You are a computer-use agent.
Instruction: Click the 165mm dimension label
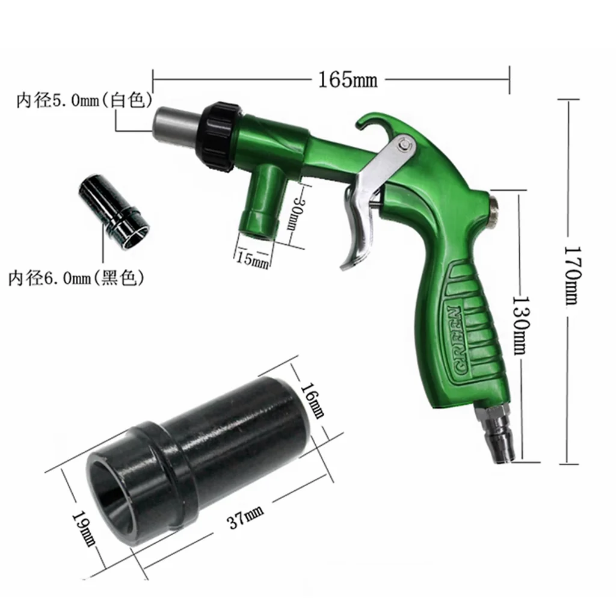347,80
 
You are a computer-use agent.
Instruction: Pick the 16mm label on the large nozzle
313,400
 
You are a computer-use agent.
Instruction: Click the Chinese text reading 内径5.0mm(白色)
84,100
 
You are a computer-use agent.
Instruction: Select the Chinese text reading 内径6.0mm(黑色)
76,279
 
